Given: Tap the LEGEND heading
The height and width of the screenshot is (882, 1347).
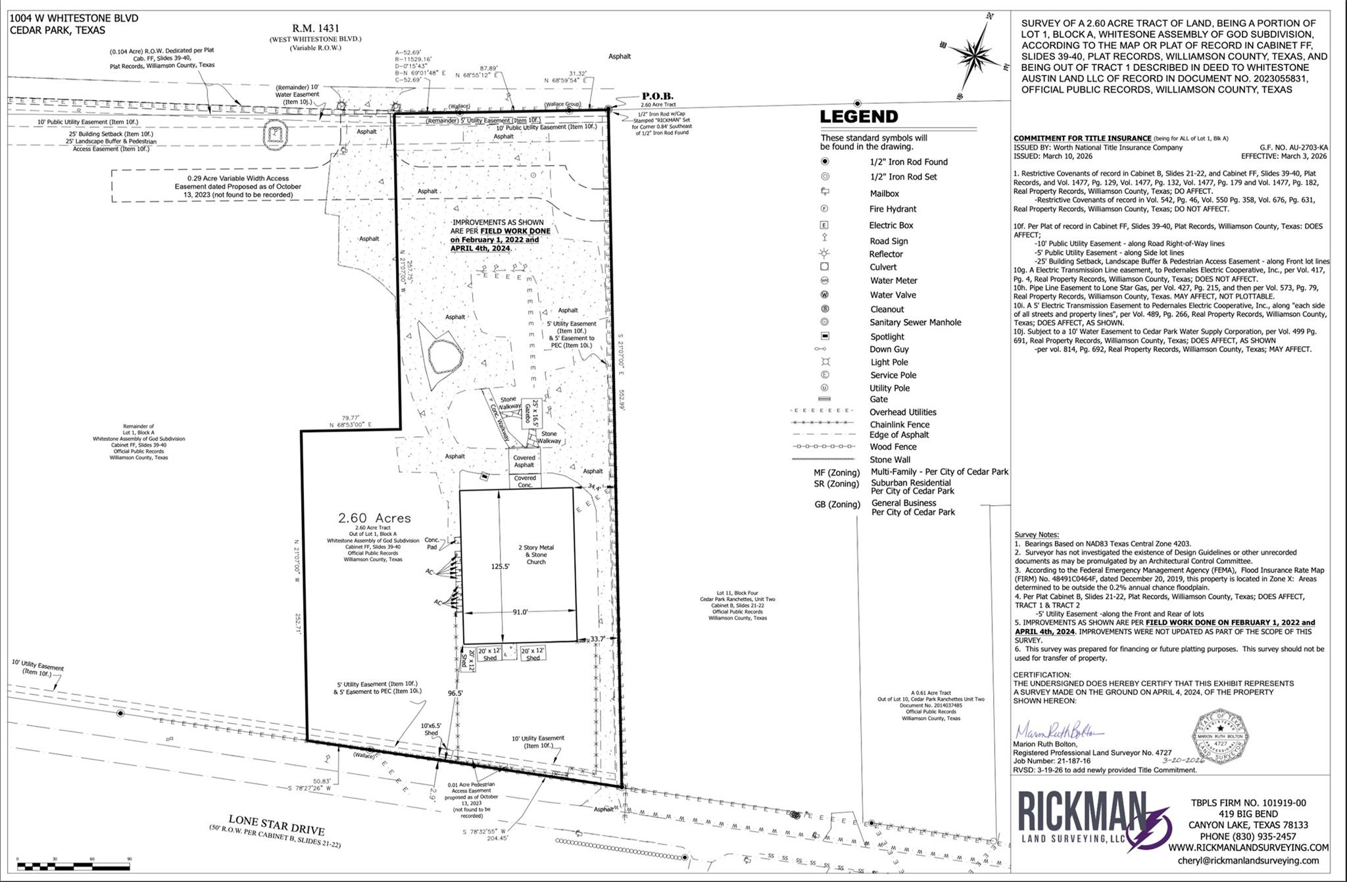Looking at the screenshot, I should click(x=858, y=117).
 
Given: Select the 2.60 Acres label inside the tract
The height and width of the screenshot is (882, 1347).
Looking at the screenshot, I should click(x=374, y=518).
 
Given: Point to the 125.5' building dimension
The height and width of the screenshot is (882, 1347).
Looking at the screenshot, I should click(x=500, y=566).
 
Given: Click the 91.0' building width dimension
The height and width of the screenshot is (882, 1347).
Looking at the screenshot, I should click(x=520, y=612).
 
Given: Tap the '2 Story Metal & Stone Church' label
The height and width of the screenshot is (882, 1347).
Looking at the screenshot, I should click(x=536, y=554).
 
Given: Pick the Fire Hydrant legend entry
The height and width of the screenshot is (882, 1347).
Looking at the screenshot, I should click(x=893, y=209).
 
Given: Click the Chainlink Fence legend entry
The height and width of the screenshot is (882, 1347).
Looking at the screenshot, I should click(x=899, y=425).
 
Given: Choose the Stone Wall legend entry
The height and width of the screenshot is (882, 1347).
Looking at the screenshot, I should click(x=890, y=460).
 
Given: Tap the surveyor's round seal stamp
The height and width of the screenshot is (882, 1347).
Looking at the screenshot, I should click(x=1221, y=736).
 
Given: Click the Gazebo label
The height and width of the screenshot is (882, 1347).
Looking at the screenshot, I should click(x=527, y=413).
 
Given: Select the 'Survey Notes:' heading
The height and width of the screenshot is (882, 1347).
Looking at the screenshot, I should click(x=1037, y=535).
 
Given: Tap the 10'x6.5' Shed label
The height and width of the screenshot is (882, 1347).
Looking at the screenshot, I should click(x=431, y=729).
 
